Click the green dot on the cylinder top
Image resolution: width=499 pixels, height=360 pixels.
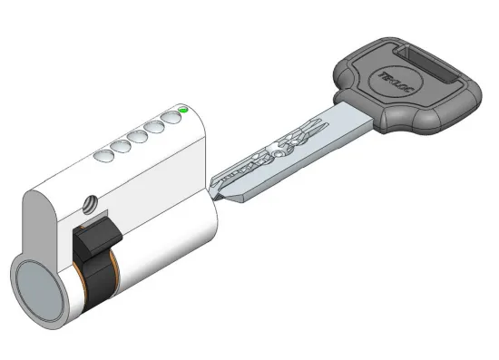pos(184,111)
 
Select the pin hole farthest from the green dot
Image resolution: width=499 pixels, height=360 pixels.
pos(104,156)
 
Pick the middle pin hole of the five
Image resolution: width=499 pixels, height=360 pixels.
pos(138,138)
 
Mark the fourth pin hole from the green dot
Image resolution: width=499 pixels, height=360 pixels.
pos(122,147)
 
